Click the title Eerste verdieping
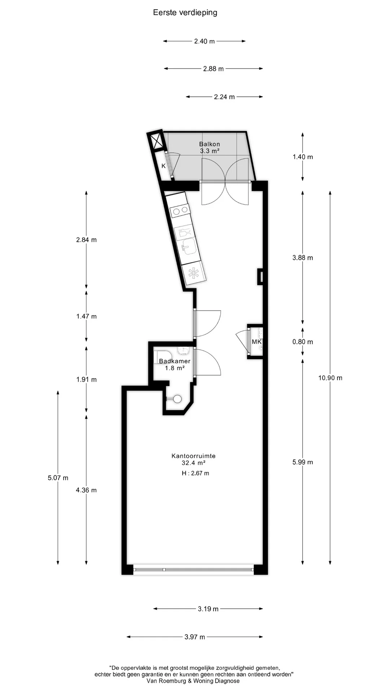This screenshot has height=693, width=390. pyautogui.click(x=185, y=13)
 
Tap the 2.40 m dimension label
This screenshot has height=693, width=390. pyautogui.click(x=204, y=41)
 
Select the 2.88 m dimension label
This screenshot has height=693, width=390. pyautogui.click(x=213, y=69)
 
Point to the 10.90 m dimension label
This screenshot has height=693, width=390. pyautogui.click(x=330, y=378)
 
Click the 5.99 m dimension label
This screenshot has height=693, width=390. pyautogui.click(x=303, y=462)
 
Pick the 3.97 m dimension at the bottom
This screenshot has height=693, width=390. pyautogui.click(x=195, y=637)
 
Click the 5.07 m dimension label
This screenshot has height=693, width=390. pyautogui.click(x=58, y=478)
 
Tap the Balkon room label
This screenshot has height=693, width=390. pyautogui.click(x=209, y=144)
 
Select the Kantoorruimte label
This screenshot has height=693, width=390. pyautogui.click(x=194, y=456)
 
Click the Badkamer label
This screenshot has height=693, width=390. pyautogui.click(x=175, y=361)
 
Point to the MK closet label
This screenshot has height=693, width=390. pyautogui.click(x=256, y=341)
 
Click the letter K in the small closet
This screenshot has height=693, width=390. pyautogui.click(x=164, y=166)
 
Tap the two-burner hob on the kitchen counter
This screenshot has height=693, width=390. pyautogui.click(x=180, y=210)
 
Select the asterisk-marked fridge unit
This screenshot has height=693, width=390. pyautogui.click(x=194, y=273)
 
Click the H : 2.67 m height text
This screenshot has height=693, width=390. pyautogui.click(x=195, y=473)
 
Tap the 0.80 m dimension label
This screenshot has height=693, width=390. pyautogui.click(x=303, y=342)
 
